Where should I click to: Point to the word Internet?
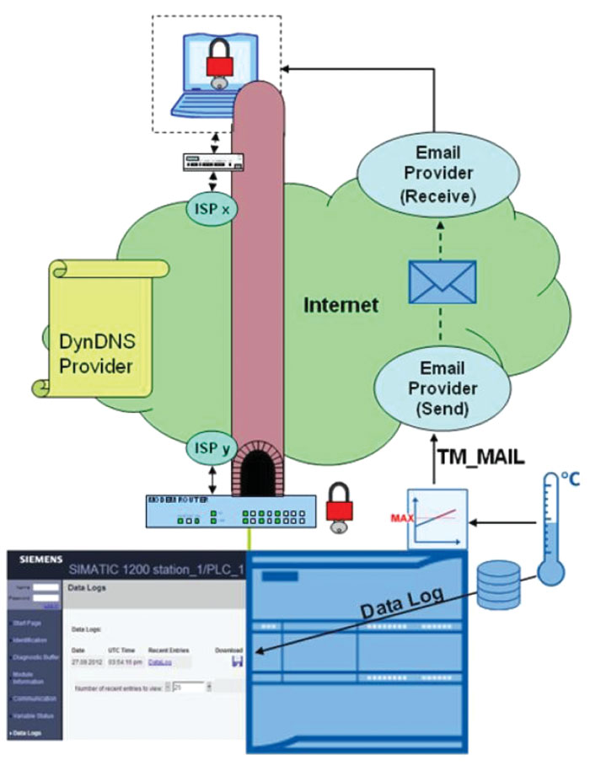click(x=341, y=304)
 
